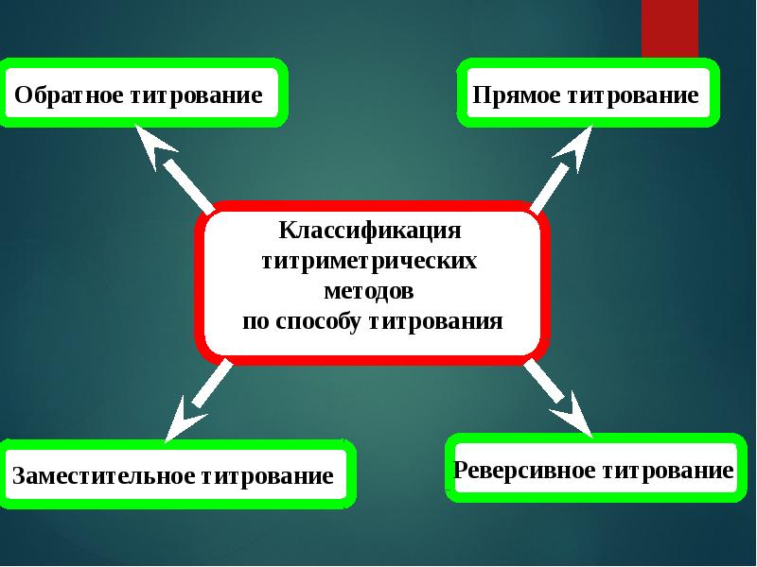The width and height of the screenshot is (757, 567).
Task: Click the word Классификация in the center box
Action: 370,231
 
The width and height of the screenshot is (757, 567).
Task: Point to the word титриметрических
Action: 369,261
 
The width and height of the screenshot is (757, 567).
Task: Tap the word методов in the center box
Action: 369,290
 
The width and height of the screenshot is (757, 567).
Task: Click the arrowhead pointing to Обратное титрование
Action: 156,146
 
